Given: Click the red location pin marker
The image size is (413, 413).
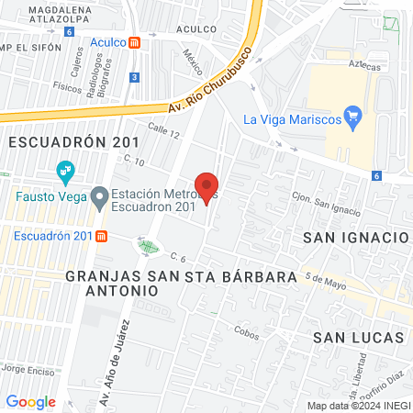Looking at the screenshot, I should (207, 186).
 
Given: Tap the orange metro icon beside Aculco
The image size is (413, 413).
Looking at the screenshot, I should (135, 42).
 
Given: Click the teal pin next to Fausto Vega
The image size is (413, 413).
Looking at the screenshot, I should (65, 171).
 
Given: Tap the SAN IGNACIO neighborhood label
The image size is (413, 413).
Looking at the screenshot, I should (355, 237).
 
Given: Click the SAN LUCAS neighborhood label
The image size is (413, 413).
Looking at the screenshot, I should (358, 337).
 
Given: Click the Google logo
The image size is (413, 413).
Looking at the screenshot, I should (30, 401).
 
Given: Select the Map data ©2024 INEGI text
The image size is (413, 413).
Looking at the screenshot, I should (358, 406).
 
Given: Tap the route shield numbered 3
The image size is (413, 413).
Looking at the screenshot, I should (135, 78).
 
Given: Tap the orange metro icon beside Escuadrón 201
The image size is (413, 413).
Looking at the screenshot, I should (101, 236).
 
